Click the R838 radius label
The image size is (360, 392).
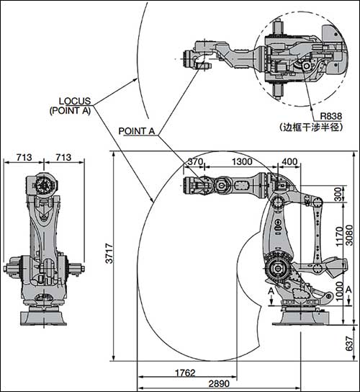(x=331, y=116)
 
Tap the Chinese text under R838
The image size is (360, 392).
(x=311, y=128)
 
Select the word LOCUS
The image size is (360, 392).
(x=75, y=101)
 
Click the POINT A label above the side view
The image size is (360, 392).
(x=137, y=131)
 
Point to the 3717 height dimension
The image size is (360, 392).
(x=109, y=253)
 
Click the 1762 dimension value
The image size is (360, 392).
(x=185, y=373)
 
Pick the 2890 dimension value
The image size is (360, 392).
(x=219, y=383)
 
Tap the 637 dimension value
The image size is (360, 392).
(x=350, y=343)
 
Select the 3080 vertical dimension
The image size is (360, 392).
(x=349, y=235)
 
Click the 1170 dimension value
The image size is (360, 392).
(x=339, y=236)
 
